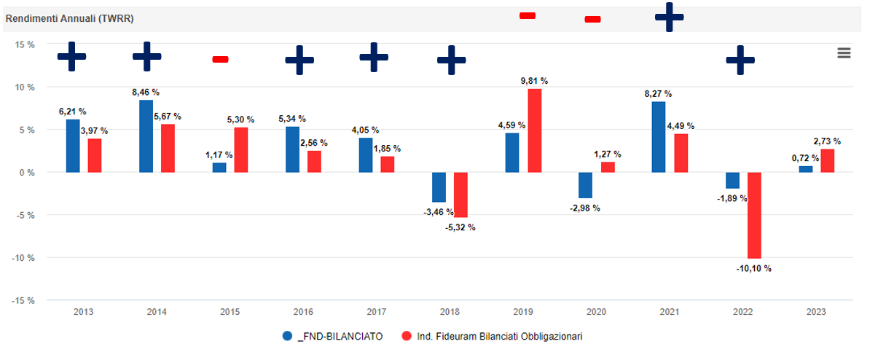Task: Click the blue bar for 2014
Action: point(146,136)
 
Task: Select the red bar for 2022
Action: point(754,215)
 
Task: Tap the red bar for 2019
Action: point(534,130)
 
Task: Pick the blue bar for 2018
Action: point(439,187)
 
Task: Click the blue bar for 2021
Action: point(659,137)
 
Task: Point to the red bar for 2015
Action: point(241,150)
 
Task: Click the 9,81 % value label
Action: point(534,81)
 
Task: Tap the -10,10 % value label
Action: point(753,268)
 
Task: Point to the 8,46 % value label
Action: point(146,93)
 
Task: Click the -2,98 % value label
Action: point(584,208)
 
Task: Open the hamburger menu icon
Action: point(844,52)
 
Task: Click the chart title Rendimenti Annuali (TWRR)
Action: point(69,18)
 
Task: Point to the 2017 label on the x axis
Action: point(376,312)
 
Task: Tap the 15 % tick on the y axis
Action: point(25,44)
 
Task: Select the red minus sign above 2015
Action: point(220,59)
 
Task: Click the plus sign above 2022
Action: point(740,60)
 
